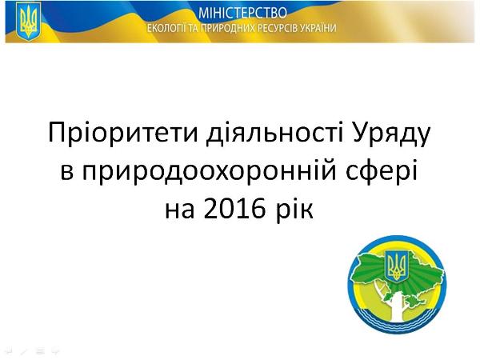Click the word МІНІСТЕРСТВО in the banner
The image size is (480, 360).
point(242,13)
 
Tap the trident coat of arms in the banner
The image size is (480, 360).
point(28,22)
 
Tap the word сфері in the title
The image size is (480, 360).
point(382,171)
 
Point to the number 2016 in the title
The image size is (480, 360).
point(234,209)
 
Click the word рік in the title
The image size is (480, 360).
point(294,210)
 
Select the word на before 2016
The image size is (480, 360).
point(180,211)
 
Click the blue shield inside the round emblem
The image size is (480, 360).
point(397,266)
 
